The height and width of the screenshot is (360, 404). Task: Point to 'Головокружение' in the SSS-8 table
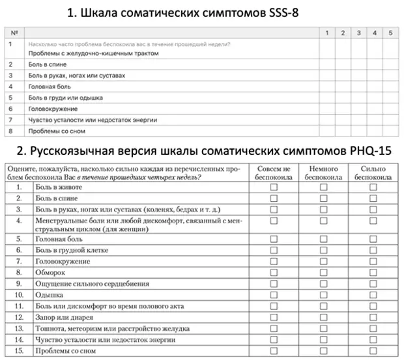coord(53,109)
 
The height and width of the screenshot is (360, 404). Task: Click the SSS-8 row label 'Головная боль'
coord(50,87)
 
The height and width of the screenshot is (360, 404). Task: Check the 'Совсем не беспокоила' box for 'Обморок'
coord(274,272)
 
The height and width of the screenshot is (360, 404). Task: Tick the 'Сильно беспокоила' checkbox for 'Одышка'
coord(373,295)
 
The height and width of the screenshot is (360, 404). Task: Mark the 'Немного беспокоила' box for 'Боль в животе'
coord(323,187)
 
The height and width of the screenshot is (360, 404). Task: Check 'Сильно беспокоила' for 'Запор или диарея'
coord(373,317)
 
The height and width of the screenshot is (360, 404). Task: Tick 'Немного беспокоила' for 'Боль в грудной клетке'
coord(323,250)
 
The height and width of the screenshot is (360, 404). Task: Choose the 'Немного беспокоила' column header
coord(323,173)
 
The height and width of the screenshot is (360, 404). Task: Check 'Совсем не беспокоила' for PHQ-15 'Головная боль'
coord(274,239)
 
